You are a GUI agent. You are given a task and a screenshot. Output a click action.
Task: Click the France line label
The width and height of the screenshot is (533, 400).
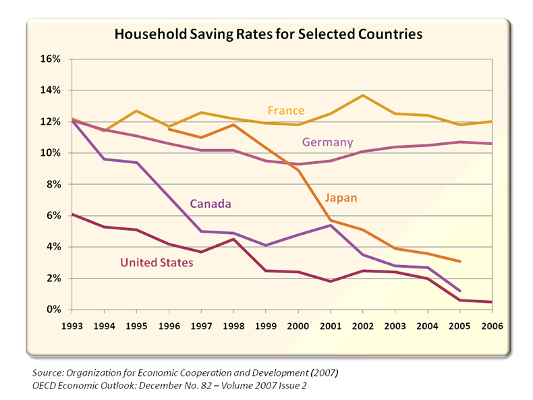286,110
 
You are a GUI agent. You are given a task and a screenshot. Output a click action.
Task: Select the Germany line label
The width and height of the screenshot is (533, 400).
327,142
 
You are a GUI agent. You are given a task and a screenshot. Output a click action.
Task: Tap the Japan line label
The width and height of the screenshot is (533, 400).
341,198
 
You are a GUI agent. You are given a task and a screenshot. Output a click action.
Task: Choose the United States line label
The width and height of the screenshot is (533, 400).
157,262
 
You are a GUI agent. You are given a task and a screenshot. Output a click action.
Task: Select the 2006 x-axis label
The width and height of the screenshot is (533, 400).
491,325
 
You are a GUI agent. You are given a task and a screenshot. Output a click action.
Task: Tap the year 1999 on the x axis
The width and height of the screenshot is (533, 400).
265,325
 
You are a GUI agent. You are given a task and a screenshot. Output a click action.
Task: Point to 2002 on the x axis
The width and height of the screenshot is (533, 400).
362,325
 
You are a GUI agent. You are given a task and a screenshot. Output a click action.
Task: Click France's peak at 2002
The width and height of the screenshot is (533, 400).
363,95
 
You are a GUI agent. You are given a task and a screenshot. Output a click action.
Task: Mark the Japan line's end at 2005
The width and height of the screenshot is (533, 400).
460,261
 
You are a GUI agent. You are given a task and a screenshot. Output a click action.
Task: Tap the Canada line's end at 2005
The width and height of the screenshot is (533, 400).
460,291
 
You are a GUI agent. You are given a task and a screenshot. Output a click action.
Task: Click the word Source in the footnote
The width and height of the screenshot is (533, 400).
47,372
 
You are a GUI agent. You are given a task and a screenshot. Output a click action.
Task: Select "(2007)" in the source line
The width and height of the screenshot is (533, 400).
320,372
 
